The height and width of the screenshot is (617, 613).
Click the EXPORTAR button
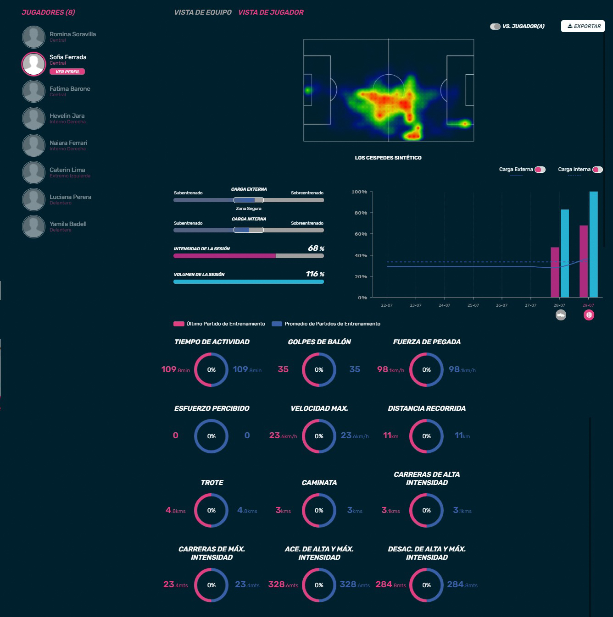[x=583, y=26]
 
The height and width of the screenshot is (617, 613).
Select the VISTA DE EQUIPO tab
[x=203, y=12]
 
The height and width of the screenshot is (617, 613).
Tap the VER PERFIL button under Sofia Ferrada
[x=67, y=72]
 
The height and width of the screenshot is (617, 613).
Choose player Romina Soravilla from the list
[x=72, y=34]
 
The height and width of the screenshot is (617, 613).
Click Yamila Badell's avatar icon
[x=33, y=226]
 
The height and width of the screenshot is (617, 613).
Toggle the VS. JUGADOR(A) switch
[x=495, y=27]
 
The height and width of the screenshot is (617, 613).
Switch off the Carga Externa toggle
[x=540, y=170]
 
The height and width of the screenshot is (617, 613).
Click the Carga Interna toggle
[x=597, y=170]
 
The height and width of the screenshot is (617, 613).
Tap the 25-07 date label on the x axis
[x=473, y=305]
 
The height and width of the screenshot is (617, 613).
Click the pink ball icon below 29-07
[x=589, y=315]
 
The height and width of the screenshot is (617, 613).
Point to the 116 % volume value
[x=315, y=274]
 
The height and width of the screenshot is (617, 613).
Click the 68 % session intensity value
[x=316, y=248]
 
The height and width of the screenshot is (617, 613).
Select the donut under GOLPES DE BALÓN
[x=319, y=369]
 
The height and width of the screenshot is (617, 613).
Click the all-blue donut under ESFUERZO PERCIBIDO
[x=211, y=436]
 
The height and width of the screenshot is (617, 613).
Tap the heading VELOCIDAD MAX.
[x=319, y=408]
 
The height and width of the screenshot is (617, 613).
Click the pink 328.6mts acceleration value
[x=283, y=585]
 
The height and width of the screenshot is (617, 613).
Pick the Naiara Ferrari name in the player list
[x=68, y=143]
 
